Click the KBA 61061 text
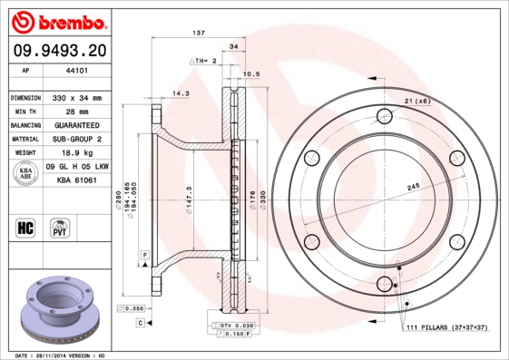pyautogui.click(x=77, y=181)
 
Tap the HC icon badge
pyautogui.click(x=26, y=227)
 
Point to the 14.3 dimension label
pyautogui.click(x=181, y=92)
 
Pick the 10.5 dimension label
pyautogui.click(x=252, y=74)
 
